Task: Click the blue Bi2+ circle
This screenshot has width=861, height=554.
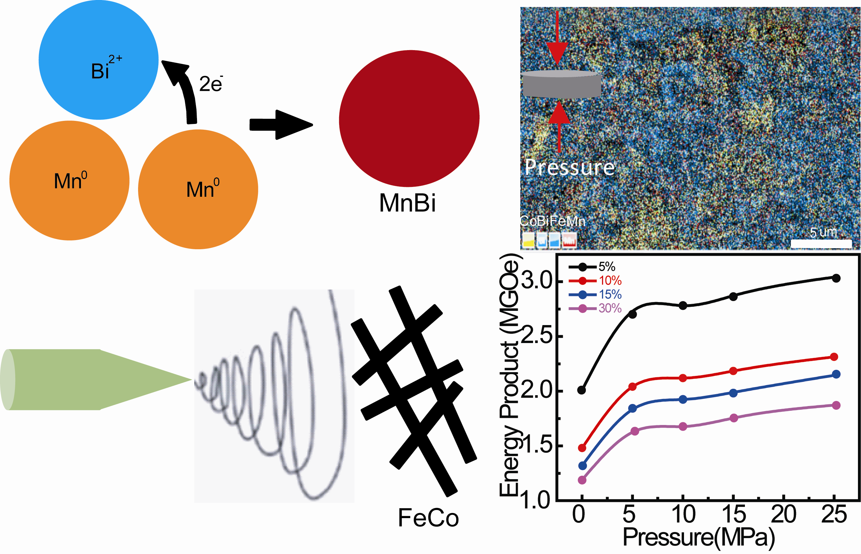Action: coord(98,60)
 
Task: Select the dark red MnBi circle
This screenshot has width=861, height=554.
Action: coord(409,119)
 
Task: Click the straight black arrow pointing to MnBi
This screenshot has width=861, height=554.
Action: coord(281,125)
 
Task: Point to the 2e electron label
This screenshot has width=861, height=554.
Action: coord(211,84)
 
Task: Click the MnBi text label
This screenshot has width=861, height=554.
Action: coord(407,203)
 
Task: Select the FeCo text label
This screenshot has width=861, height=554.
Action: coord(428,518)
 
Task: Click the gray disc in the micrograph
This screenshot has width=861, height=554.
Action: coord(561,84)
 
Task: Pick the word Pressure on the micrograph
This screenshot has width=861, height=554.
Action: coord(570,167)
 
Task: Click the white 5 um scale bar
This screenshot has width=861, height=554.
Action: coord(821,243)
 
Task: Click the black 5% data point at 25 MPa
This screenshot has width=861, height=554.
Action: coord(836,278)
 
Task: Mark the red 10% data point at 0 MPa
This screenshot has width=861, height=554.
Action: coord(582,448)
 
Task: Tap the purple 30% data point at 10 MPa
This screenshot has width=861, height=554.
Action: coord(683,427)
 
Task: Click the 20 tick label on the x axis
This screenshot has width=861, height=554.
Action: coord(784,514)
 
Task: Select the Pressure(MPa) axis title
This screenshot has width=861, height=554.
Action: coord(698,538)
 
